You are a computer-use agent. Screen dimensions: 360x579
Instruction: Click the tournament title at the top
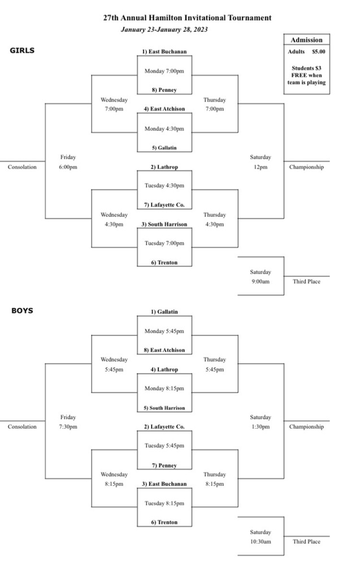coord(187,18)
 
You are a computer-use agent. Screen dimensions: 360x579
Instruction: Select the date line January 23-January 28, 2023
coord(164,29)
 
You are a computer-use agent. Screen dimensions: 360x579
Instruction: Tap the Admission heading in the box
coord(306,40)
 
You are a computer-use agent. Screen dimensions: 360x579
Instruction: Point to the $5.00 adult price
coord(319,51)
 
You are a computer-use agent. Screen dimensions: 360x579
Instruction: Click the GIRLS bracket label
coord(22,50)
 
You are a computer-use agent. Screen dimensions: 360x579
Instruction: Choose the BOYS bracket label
coord(22,310)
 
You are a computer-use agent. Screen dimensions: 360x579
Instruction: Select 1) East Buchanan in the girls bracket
coord(164,51)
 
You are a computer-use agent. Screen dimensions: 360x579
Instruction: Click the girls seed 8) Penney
coord(164,90)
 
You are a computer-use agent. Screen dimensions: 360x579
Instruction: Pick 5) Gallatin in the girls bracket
coord(164,148)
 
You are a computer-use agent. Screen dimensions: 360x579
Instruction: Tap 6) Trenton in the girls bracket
coord(164,262)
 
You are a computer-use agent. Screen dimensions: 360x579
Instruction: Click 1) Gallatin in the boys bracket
coord(164,312)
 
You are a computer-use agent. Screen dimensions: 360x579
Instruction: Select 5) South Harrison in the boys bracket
coord(164,408)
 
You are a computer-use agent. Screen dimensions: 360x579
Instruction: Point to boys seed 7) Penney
coord(164,465)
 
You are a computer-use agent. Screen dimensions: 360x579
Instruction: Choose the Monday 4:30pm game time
coord(164,129)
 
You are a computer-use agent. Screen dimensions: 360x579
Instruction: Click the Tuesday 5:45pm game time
coord(164,446)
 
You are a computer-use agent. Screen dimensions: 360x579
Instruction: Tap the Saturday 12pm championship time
coord(261,162)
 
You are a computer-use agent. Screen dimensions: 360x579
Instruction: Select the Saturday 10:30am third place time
coord(261,537)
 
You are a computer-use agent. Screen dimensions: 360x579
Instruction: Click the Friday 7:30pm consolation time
coord(68,422)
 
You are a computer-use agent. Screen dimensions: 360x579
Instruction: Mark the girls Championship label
coord(306,167)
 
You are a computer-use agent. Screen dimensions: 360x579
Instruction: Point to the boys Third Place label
coord(306,541)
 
